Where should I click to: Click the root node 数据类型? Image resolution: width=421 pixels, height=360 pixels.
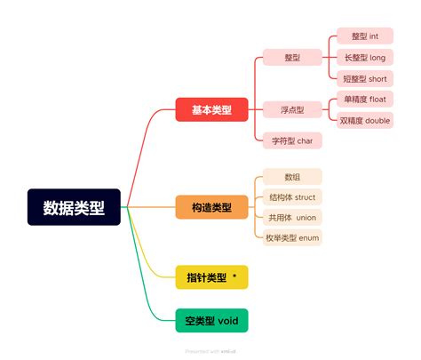point(74,207)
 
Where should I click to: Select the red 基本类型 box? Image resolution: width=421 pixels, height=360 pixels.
point(211,110)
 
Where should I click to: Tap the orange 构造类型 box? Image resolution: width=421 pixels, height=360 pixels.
point(211,207)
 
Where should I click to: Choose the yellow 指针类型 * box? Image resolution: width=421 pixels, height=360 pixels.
point(211,277)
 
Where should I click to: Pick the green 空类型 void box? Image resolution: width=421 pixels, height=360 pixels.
point(211,320)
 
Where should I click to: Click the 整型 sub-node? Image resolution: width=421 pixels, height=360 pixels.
point(292,58)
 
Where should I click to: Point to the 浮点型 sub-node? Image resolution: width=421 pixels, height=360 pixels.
point(292,110)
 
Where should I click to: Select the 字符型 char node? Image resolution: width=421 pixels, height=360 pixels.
point(292,140)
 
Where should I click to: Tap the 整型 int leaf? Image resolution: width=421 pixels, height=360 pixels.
point(365,36)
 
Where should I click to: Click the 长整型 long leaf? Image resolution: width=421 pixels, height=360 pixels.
point(365,58)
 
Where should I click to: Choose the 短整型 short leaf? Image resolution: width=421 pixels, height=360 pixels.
point(365,78)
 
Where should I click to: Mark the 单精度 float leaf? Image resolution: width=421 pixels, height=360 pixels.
point(365,100)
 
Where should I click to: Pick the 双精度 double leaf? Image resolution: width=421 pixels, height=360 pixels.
point(365,120)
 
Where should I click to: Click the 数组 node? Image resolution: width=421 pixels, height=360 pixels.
point(292,177)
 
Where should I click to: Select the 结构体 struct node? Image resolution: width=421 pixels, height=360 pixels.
point(292,197)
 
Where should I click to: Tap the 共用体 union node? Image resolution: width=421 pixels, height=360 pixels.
point(292,217)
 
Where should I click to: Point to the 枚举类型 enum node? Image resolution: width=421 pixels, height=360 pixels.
point(292,237)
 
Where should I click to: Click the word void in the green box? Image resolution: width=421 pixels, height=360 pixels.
point(227,320)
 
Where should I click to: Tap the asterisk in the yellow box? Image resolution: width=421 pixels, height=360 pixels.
point(234,276)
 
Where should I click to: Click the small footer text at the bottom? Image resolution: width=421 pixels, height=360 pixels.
point(210,351)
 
